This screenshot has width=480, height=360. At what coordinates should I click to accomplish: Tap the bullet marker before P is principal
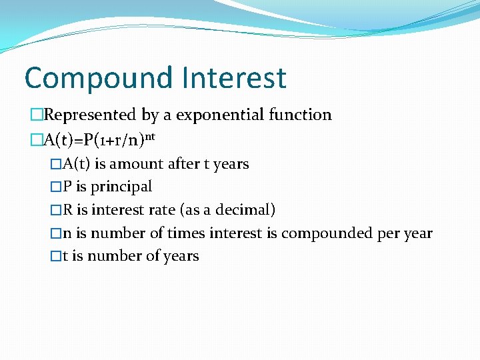point(56,187)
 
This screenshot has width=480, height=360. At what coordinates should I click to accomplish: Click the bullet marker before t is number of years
point(56,257)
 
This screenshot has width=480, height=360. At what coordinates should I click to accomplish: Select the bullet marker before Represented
point(36,115)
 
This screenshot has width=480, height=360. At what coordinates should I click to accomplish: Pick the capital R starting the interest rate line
point(68,210)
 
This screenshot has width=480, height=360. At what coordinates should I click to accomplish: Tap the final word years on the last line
point(181,257)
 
